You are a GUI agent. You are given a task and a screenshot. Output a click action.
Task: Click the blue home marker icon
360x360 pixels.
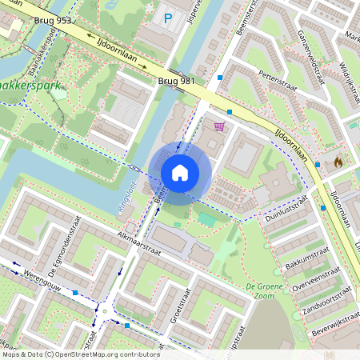tap(180, 173)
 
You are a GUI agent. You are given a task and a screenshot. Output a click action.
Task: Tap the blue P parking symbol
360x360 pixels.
tap(168, 18)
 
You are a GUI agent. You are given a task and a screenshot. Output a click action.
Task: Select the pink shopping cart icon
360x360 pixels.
tap(219, 126)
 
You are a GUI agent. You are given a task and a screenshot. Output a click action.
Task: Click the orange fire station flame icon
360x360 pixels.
tap(338, 162)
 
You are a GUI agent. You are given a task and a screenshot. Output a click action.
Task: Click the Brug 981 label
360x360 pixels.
tap(175, 82)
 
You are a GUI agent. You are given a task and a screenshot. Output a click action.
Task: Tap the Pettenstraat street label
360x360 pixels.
tap(278, 77)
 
